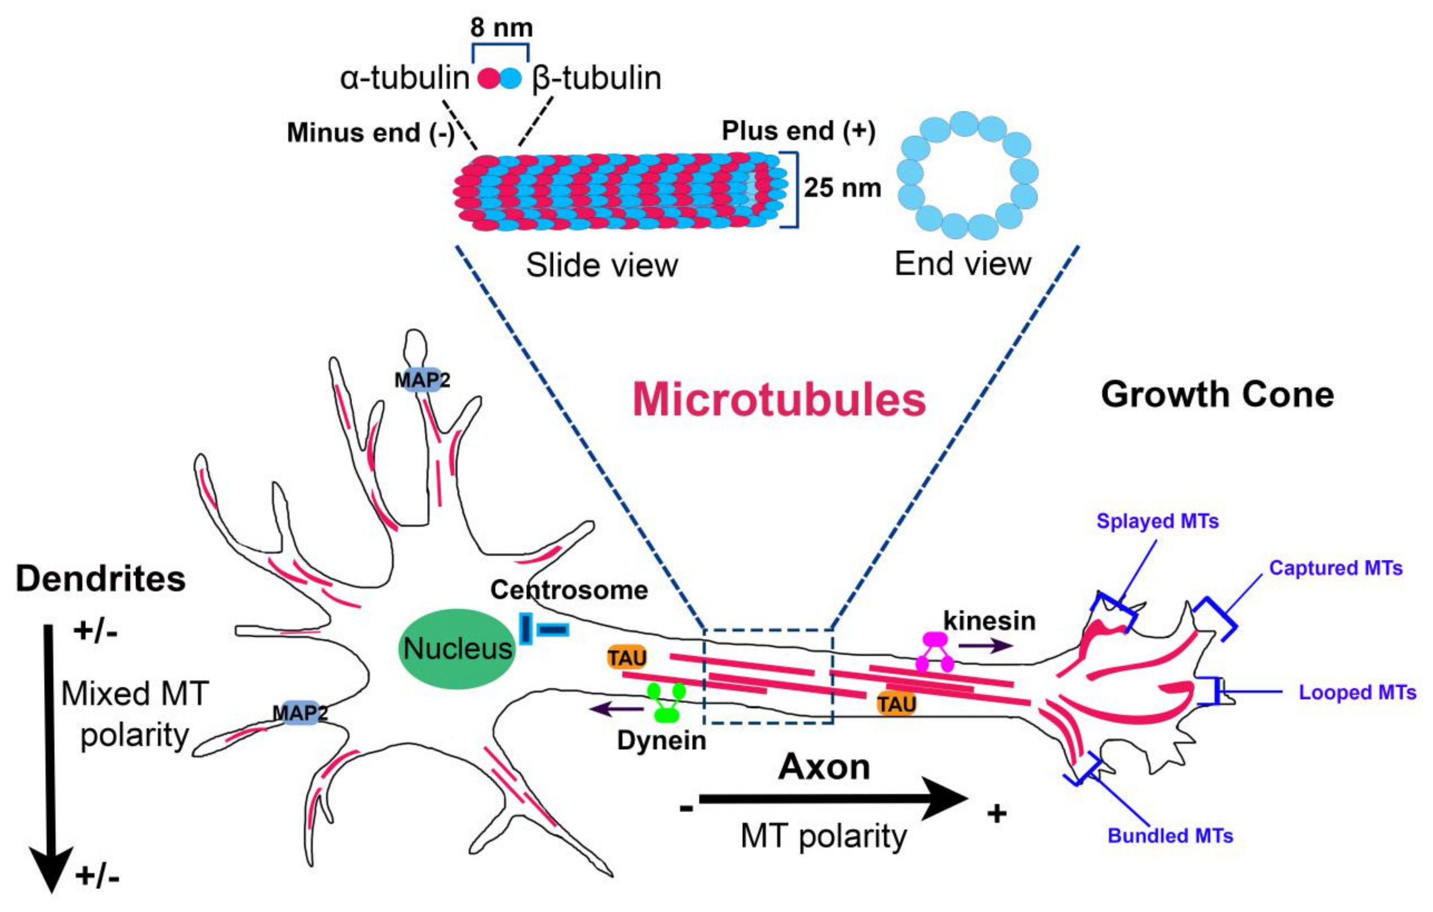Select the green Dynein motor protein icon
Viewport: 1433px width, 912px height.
666,702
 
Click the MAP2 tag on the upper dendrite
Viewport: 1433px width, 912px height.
422,379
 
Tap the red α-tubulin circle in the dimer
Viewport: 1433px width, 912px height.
489,79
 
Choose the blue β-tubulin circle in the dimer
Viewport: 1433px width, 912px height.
511,79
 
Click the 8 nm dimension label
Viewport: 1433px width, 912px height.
501,27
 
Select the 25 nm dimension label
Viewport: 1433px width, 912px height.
842,188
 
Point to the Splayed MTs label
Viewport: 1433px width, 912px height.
1157,522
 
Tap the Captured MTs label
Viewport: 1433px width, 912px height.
1335,568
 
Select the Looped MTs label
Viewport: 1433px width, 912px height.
1357,692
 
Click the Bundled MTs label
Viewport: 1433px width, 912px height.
1170,836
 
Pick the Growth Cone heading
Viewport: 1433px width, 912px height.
1217,395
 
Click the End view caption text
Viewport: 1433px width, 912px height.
962,264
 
